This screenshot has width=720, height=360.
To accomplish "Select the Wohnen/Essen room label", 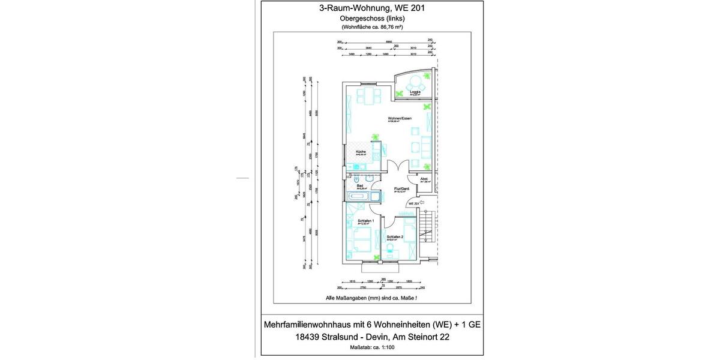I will tap(399, 118).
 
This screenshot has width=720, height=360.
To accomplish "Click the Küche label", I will tap(361, 152).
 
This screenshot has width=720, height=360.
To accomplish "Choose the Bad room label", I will tap(360, 186).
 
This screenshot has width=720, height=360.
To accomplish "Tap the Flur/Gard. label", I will tap(401, 189).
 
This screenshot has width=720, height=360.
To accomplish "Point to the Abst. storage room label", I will tap(424, 179).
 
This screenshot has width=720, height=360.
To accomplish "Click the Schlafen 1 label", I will tap(365, 221).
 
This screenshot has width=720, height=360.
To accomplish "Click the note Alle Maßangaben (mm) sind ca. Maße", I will tap(371, 298).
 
